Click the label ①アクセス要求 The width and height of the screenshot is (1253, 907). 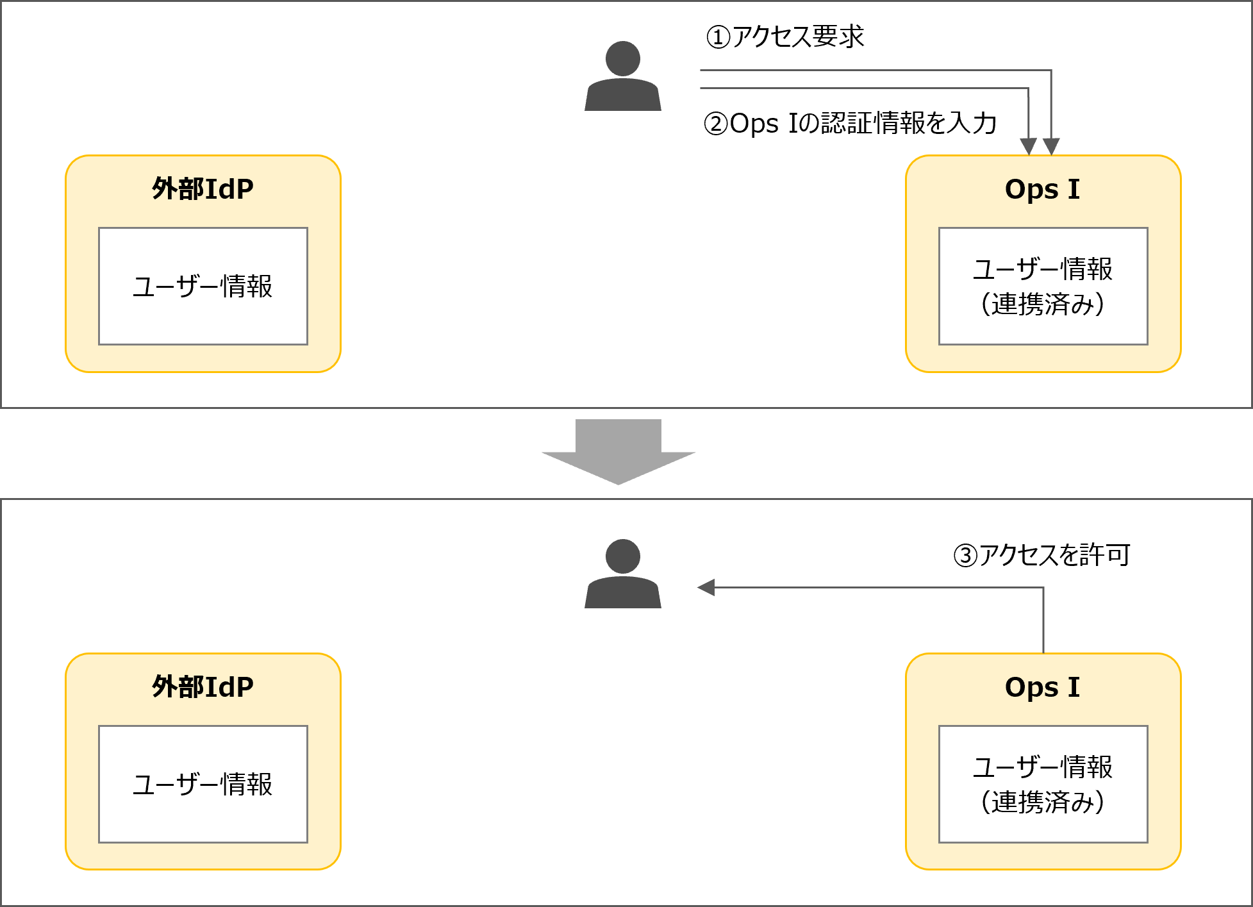point(785,37)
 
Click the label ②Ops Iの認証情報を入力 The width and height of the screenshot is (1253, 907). point(850,123)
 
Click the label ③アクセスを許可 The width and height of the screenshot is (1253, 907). point(1041,555)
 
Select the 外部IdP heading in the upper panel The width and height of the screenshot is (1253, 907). point(203,189)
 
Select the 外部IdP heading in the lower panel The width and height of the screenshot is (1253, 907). point(203,687)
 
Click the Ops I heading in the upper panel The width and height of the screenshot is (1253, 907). point(1042,189)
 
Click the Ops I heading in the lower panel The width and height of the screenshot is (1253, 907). point(1042,687)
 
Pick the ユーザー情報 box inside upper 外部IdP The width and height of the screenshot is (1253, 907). point(203,286)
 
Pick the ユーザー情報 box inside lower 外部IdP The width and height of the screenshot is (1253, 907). point(203,784)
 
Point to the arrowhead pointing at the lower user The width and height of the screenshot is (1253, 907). point(706,587)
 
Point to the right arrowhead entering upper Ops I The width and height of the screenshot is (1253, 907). point(1051,146)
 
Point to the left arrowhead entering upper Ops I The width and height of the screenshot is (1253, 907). point(1028,146)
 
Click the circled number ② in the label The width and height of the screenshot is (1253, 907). point(716,124)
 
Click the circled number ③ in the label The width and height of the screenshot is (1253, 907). point(965,556)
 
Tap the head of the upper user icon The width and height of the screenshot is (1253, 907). point(622,58)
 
